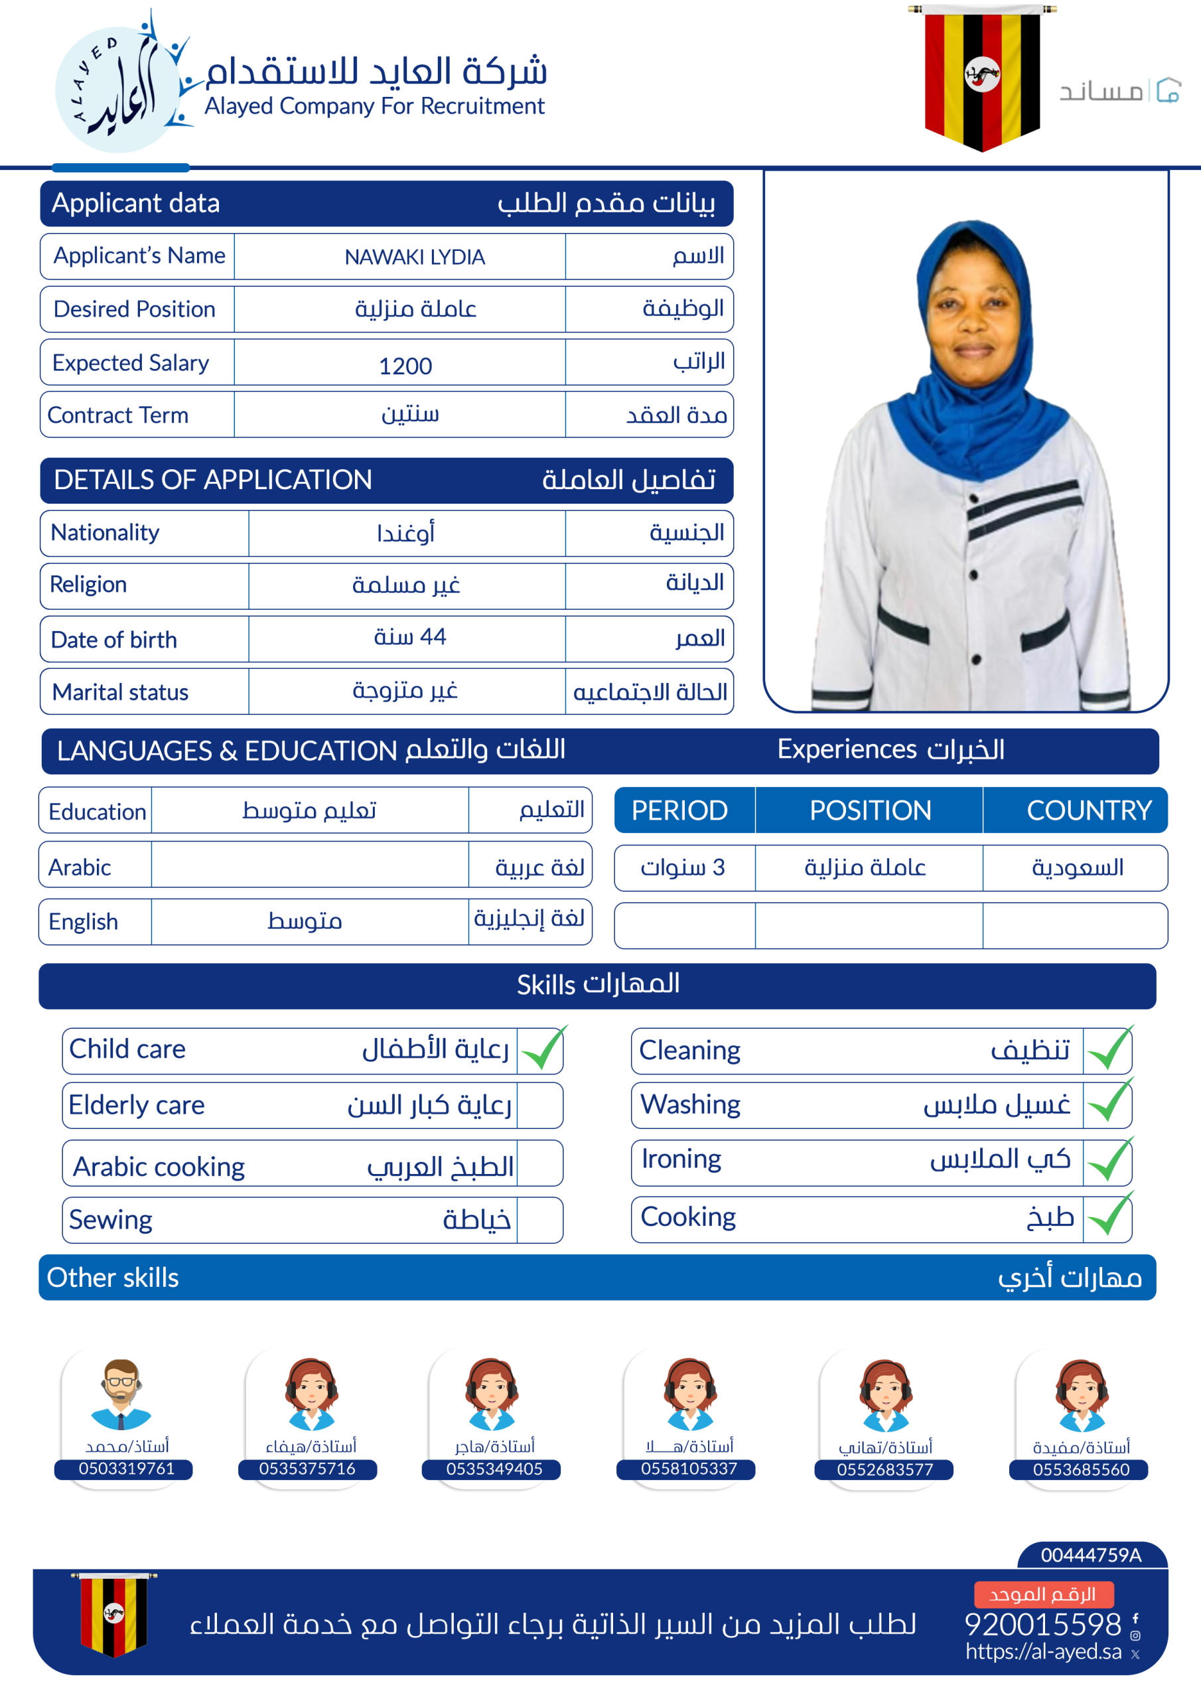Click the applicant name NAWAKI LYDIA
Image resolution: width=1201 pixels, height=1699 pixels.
(x=415, y=257)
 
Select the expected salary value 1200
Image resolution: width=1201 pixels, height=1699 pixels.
(x=405, y=366)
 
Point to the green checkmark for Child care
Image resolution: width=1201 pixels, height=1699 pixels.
(x=542, y=1049)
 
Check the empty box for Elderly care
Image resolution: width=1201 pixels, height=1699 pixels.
(x=539, y=1106)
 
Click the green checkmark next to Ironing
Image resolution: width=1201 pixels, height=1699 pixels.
(x=1109, y=1161)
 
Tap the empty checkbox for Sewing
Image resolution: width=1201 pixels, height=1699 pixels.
(x=539, y=1220)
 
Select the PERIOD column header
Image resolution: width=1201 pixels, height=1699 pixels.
(x=679, y=810)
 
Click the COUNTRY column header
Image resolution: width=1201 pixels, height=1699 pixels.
(x=1088, y=810)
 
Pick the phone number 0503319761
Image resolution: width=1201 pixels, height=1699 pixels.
(x=127, y=1468)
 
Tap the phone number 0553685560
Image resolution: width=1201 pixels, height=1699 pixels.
(x=1080, y=1469)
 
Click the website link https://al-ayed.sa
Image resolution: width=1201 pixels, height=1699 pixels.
(x=1042, y=1652)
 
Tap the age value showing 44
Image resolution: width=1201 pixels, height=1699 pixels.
(x=410, y=637)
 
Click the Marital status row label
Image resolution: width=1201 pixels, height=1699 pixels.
(x=121, y=692)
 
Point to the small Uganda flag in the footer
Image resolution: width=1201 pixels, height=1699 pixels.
(x=113, y=1613)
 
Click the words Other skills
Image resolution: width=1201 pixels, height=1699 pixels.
(x=113, y=1278)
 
